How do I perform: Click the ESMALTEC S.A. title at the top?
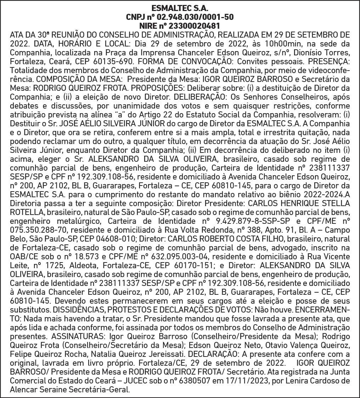(x=180, y=8)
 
